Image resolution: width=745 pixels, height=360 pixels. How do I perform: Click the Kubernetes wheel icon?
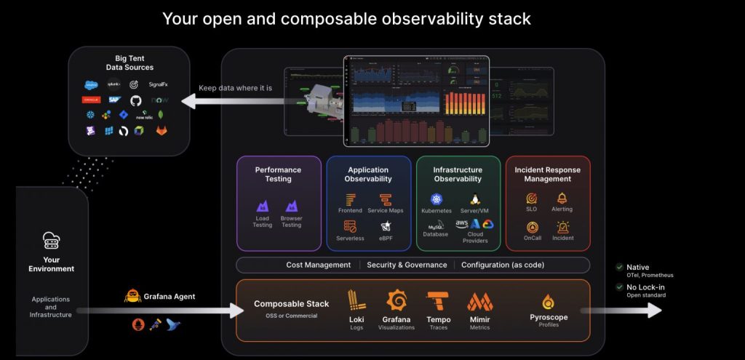click(437, 199)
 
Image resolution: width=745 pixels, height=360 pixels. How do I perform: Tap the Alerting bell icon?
click(562, 198)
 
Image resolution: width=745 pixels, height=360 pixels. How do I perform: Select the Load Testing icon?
click(263, 207)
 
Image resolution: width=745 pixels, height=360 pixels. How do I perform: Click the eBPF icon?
click(386, 226)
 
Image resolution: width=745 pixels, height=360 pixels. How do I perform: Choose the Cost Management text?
click(318, 265)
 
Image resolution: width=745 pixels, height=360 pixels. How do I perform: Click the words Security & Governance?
click(407, 265)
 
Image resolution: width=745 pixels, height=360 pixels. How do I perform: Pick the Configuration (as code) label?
click(503, 265)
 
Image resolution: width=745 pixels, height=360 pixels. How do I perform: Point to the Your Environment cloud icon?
click(52, 240)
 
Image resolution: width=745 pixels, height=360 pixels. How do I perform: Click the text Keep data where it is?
click(236, 88)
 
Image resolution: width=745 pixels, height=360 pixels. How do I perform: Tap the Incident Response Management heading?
click(548, 175)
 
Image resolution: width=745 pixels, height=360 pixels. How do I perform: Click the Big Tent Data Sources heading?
click(130, 63)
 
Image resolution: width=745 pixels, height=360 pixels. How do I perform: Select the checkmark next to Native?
click(619, 267)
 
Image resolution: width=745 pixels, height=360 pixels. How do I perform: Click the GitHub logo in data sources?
click(135, 100)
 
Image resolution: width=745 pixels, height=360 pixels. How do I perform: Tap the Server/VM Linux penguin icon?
click(474, 199)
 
